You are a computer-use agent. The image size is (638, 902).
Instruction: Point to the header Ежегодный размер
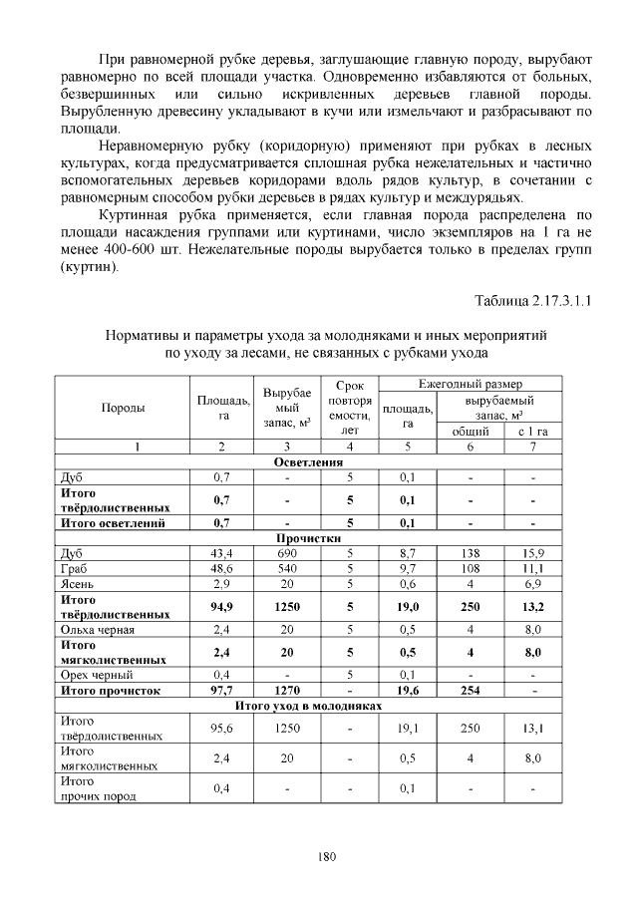pyautogui.click(x=470, y=384)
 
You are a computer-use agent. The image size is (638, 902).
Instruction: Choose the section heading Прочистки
pyautogui.click(x=308, y=536)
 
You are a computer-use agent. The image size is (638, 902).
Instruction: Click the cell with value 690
pyautogui.click(x=287, y=551)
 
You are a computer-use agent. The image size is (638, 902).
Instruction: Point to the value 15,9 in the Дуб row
pyautogui.click(x=533, y=551)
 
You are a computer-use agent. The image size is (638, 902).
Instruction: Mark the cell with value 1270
pyautogui.click(x=287, y=689)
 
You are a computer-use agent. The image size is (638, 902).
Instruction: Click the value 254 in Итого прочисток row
pyautogui.click(x=470, y=689)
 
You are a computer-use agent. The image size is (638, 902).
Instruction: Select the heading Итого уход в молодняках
pyautogui.click(x=308, y=705)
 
